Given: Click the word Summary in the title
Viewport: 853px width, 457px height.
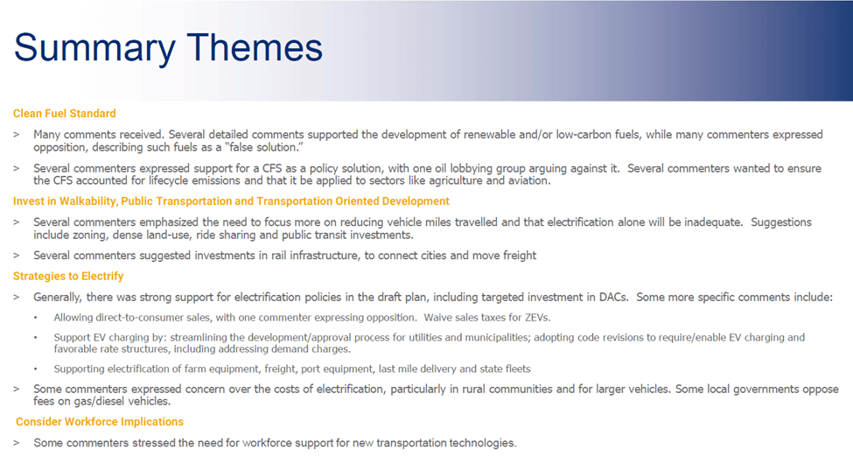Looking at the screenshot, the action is click(x=94, y=48).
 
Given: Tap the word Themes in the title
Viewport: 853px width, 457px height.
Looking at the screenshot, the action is click(x=255, y=47).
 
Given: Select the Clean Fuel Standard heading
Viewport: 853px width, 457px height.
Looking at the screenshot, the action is click(x=64, y=113).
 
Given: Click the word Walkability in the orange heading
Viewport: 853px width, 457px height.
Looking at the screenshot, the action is click(x=87, y=201).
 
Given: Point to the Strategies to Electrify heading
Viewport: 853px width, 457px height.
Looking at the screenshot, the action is click(x=68, y=276).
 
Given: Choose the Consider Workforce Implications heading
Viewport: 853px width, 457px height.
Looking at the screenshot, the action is click(x=100, y=422).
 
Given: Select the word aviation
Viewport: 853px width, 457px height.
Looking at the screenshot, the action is click(x=529, y=181).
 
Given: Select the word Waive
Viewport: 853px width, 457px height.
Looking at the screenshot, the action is click(x=437, y=318).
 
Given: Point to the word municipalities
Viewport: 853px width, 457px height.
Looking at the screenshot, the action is click(x=494, y=338).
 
